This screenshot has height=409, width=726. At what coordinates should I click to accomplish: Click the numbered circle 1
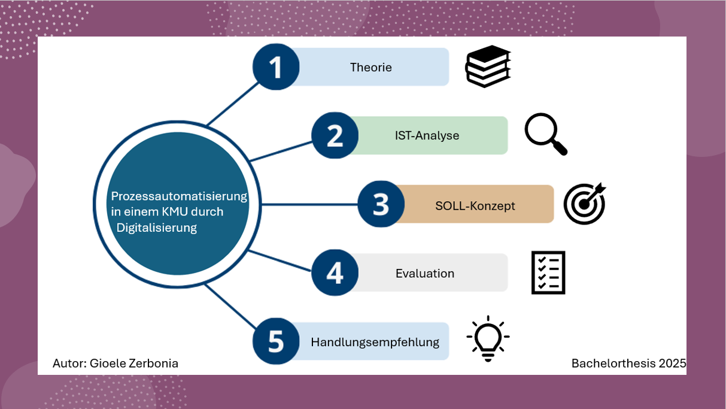[x=276, y=67]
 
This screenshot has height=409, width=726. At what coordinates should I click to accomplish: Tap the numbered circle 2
[x=335, y=135]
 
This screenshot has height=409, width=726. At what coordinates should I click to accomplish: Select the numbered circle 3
[x=381, y=204]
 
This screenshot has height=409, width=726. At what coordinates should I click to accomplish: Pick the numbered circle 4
[x=335, y=272]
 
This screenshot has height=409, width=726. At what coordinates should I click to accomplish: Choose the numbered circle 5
[x=276, y=341]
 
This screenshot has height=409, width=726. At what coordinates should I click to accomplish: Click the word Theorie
[x=370, y=68]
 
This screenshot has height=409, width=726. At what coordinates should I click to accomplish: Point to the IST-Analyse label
[x=427, y=135]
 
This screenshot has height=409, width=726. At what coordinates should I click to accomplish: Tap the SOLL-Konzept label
[x=475, y=206]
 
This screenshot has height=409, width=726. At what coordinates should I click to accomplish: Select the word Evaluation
[x=425, y=274]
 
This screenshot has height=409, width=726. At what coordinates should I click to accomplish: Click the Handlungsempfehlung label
[x=375, y=343]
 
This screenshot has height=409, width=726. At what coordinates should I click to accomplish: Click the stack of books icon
[x=488, y=66]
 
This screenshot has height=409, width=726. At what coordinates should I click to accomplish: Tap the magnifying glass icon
[x=546, y=134]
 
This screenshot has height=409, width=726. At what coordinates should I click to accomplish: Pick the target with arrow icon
[x=585, y=204]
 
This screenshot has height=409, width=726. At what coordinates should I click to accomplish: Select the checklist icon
[x=548, y=272]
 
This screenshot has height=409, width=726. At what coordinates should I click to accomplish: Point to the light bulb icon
[x=488, y=338]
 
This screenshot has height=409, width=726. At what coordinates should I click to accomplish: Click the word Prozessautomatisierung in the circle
[x=179, y=196]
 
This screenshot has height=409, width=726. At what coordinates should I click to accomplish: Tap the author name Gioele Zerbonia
[x=134, y=363]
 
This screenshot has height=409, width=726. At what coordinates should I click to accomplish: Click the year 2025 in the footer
[x=672, y=363]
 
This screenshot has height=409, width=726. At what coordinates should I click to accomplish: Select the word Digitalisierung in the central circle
[x=157, y=228]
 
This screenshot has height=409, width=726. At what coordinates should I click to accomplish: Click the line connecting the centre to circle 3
[x=309, y=204]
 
